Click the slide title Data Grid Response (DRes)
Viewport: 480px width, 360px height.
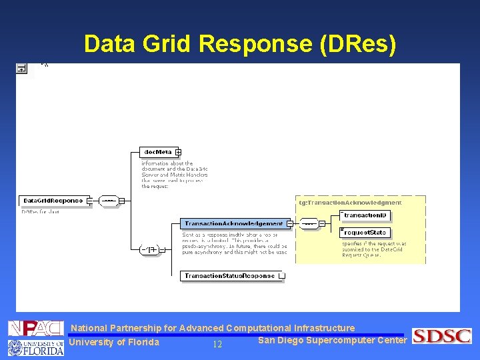click(240, 44)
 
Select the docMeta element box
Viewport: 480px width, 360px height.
click(158, 152)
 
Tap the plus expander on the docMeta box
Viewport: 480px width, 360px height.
click(179, 152)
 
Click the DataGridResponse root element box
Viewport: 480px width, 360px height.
click(53, 201)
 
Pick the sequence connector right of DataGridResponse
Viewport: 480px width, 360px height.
click(109, 201)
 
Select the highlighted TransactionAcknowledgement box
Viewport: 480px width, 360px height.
click(233, 223)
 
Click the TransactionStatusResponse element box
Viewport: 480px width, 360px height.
click(230, 275)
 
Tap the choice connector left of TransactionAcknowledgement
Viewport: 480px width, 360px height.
click(151, 250)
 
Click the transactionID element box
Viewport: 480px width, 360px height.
click(365, 215)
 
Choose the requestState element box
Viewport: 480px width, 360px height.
click(365, 232)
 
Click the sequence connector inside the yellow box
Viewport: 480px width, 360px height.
click(309, 223)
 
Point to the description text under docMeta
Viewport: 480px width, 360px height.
click(174, 175)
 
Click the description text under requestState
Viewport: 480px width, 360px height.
click(373, 249)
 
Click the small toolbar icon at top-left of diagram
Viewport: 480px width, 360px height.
click(21, 68)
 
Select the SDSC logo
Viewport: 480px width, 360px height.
click(441, 336)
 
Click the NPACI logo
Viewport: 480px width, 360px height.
click(35, 328)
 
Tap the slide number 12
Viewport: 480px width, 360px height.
click(217, 345)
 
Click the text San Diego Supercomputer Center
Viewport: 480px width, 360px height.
click(332, 341)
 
